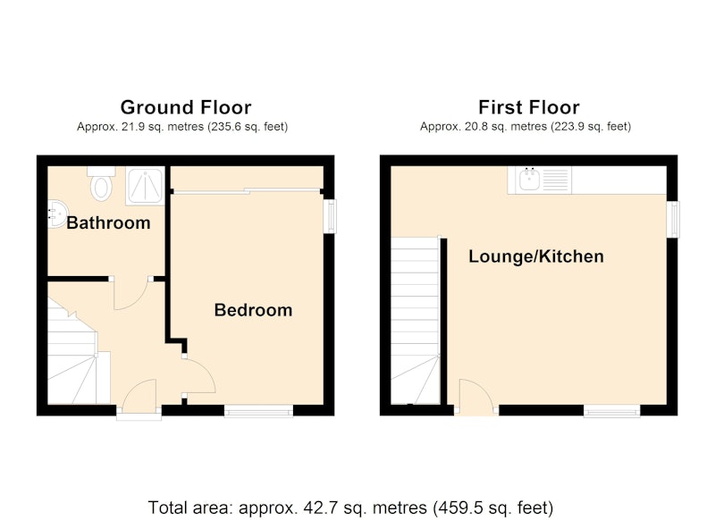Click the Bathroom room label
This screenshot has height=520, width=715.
[108, 222]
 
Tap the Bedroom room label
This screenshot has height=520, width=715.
[254, 310]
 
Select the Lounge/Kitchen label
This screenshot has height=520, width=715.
[536, 256]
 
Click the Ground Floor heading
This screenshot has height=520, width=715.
[186, 107]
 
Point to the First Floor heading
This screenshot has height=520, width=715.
[529, 107]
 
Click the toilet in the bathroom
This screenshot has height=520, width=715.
[101, 183]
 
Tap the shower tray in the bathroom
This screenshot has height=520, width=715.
[145, 186]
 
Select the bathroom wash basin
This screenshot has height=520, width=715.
[57, 214]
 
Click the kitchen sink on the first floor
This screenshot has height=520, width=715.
[540, 180]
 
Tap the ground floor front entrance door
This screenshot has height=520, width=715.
[139, 397]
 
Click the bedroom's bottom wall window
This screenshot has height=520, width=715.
[258, 412]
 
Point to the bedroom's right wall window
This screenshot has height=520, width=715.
[330, 216]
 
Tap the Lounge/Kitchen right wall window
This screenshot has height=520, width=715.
[673, 219]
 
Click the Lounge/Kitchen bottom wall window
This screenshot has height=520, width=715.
[612, 412]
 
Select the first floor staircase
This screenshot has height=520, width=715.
[416, 321]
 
